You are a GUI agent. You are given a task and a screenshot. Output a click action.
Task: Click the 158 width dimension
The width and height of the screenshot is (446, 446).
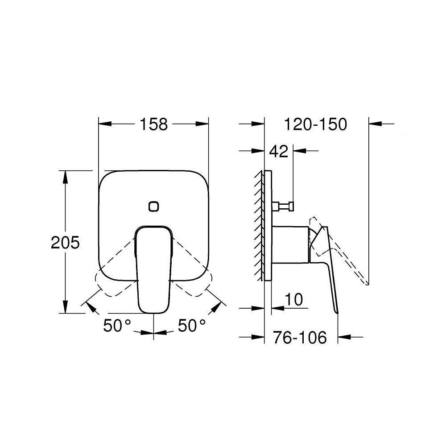[154, 124]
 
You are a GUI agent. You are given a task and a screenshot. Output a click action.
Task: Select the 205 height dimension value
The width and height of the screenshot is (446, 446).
[65, 243]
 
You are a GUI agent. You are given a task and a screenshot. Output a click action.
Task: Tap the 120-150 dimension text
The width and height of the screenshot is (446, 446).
[316, 124]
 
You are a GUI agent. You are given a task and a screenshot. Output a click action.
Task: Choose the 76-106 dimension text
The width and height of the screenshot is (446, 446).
[300, 337]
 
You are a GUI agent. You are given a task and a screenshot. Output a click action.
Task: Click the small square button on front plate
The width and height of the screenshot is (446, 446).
[154, 206]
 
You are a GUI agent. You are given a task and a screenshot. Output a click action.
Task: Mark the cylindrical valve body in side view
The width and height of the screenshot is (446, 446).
[290, 243]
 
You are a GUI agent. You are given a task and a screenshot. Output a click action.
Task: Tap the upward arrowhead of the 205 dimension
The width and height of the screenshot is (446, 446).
[66, 177]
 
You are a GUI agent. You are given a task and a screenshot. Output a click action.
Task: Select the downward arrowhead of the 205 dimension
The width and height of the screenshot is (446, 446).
[66, 307]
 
